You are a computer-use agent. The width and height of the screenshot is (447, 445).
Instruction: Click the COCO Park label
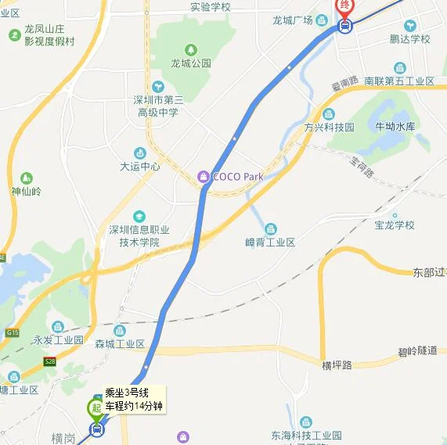click(x=238, y=177)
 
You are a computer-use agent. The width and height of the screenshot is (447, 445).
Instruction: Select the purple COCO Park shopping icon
click(x=204, y=177)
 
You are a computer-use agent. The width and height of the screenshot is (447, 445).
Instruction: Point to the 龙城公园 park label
click(x=191, y=63)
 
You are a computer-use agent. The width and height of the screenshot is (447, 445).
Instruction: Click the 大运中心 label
click(x=140, y=167)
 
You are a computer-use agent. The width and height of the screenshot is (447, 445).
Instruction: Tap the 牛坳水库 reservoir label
click(x=395, y=126)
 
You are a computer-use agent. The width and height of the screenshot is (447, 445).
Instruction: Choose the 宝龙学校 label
click(x=394, y=225)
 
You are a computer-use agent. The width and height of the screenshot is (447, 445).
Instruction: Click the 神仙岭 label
click(x=26, y=192)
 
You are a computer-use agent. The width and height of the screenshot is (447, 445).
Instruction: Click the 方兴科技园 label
click(x=330, y=127)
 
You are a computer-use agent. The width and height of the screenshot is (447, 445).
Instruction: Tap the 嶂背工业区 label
click(x=270, y=242)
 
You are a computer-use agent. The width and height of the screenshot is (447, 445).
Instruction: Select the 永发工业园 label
click(x=58, y=340)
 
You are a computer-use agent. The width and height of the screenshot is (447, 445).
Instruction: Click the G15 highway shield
click(x=12, y=333)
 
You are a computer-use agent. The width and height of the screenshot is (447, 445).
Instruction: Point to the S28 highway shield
click(x=50, y=361)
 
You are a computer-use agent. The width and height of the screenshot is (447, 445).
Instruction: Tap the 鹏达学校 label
click(x=409, y=39)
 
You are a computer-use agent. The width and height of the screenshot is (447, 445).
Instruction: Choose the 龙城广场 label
click(x=294, y=20)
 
